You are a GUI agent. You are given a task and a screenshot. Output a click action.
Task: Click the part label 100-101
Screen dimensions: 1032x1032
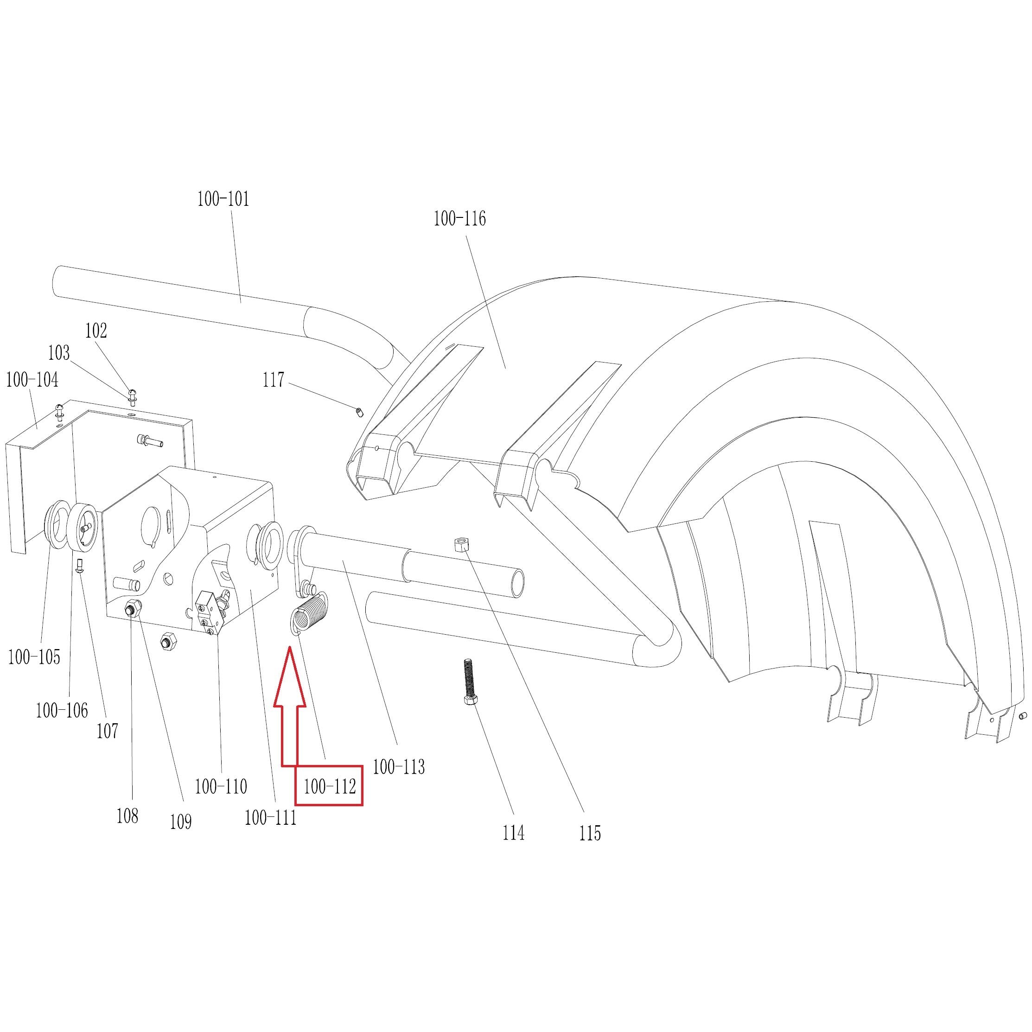tap(223, 199)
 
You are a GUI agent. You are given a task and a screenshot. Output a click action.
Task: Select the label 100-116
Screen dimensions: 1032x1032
tap(459, 218)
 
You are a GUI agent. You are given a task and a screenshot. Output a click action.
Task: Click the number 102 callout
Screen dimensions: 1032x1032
tap(96, 331)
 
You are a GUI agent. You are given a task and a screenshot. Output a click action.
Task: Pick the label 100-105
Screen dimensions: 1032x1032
tap(34, 657)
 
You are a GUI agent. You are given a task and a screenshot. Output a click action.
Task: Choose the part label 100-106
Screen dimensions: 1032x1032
tap(62, 710)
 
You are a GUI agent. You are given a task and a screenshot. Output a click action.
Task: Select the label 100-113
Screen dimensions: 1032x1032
tap(399, 767)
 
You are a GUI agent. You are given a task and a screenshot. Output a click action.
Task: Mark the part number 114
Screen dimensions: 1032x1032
tap(513, 833)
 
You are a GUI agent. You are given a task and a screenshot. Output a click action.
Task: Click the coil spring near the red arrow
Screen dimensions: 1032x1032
tap(310, 615)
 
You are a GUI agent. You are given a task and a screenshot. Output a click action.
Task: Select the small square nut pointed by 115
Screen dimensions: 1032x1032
tap(460, 545)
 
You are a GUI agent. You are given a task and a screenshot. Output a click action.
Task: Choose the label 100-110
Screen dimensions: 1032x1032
tap(221, 786)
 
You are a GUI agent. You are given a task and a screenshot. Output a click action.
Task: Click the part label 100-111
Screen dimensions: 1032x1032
tap(270, 817)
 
